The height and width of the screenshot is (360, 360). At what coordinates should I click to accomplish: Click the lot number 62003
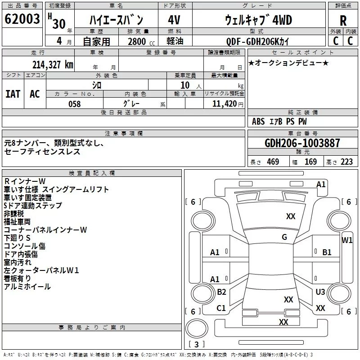click(22, 19)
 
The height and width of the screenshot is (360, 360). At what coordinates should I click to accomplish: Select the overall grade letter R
click(343, 21)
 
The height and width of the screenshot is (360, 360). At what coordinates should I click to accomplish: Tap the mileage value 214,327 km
click(53, 65)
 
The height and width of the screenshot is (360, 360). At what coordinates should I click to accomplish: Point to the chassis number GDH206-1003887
click(302, 143)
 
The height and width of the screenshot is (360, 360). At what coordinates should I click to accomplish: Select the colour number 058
click(75, 104)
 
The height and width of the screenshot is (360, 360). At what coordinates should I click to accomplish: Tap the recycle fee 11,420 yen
click(228, 104)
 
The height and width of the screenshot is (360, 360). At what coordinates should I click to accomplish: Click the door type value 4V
click(174, 20)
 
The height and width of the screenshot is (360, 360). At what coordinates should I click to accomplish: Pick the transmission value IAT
click(13, 94)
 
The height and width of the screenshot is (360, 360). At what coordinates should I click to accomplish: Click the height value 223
click(346, 162)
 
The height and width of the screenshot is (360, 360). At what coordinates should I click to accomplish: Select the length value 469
click(273, 162)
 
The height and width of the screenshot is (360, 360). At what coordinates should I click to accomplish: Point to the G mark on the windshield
click(284, 237)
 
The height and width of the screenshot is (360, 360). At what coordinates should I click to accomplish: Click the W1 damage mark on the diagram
click(346, 240)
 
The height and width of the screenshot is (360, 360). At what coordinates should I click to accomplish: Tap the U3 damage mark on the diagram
click(320, 292)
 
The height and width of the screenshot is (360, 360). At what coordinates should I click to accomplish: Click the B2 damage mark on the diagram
click(221, 292)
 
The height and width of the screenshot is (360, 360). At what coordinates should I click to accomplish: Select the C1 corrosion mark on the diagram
click(221, 308)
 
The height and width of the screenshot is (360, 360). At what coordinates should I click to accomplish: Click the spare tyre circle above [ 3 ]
click(197, 328)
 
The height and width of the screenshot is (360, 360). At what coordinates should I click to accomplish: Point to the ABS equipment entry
click(258, 121)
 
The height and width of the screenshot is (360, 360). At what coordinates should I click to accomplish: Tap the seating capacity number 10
click(185, 85)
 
